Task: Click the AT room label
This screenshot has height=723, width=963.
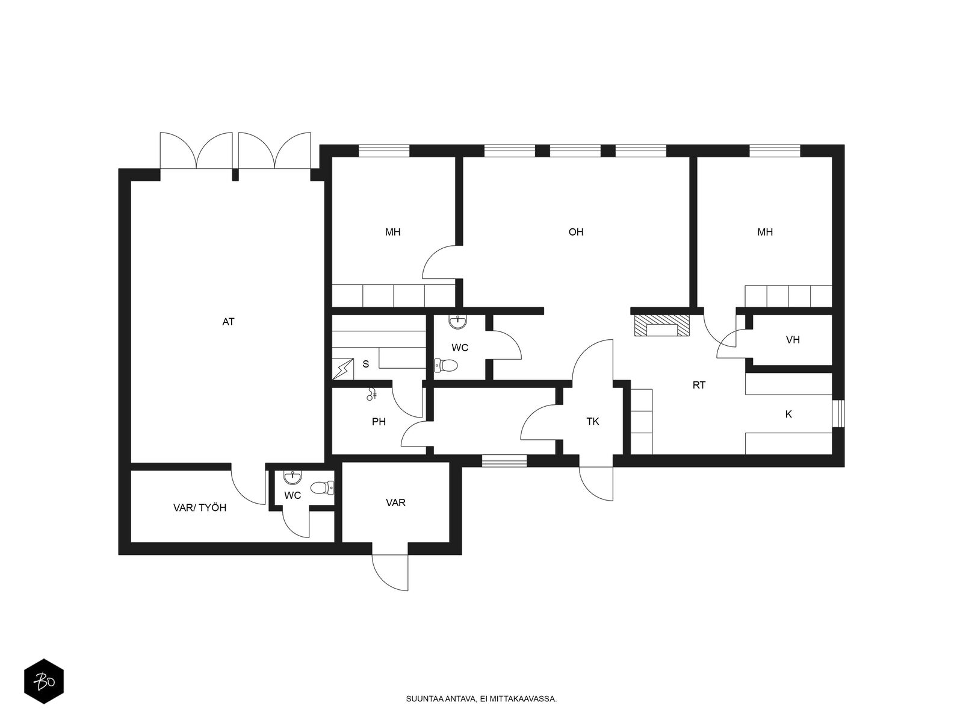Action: pyautogui.click(x=228, y=322)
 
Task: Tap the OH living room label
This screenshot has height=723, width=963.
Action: pyautogui.click(x=575, y=232)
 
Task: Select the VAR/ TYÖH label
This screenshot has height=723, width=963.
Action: pyautogui.click(x=200, y=508)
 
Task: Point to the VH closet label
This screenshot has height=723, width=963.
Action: pyautogui.click(x=792, y=340)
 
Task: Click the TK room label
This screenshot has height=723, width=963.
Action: pyautogui.click(x=593, y=421)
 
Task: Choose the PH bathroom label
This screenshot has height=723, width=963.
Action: pyautogui.click(x=379, y=422)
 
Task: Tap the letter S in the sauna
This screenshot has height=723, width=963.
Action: pyautogui.click(x=365, y=364)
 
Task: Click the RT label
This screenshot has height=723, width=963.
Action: pyautogui.click(x=699, y=385)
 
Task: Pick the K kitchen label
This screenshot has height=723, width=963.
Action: pyautogui.click(x=788, y=414)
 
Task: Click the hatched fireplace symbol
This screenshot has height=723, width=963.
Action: pyautogui.click(x=662, y=326)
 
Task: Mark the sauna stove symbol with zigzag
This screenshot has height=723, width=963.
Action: pyautogui.click(x=342, y=369)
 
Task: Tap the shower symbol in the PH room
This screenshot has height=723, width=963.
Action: pyautogui.click(x=372, y=394)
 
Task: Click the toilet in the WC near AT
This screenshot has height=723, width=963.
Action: pyautogui.click(x=322, y=487)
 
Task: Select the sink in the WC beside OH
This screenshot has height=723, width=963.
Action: pyautogui.click(x=458, y=322)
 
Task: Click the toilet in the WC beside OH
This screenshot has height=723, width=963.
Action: pyautogui.click(x=446, y=365)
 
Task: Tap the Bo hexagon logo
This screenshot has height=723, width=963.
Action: pyautogui.click(x=44, y=681)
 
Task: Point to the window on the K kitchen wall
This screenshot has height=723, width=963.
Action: pyautogui.click(x=838, y=413)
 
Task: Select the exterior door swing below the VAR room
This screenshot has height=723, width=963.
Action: pyautogui.click(x=390, y=572)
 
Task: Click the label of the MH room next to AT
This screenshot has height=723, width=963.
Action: pyautogui.click(x=392, y=232)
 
